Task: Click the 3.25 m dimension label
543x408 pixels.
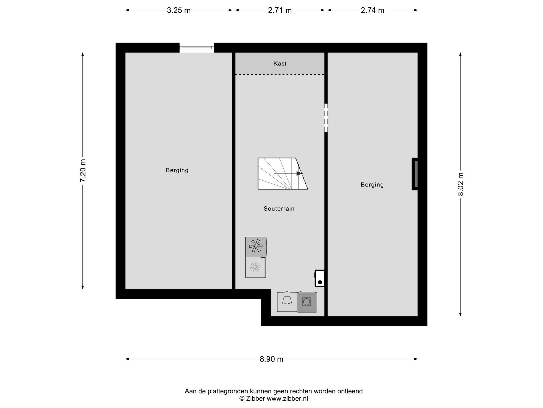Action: click(x=179, y=10)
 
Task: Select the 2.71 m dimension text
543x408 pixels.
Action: click(x=280, y=10)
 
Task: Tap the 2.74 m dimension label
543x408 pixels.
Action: click(x=373, y=10)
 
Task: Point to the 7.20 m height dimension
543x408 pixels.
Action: click(x=83, y=171)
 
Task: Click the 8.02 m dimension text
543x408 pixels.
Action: click(x=461, y=184)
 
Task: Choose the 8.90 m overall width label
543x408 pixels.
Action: click(x=271, y=359)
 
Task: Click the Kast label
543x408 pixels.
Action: click(x=280, y=63)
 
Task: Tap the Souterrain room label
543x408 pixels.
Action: click(x=279, y=209)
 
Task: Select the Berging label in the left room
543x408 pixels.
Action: click(x=177, y=170)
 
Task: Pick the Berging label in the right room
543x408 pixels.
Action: click(x=372, y=185)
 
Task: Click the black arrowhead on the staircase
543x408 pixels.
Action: click(x=299, y=173)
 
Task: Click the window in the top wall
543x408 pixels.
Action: click(x=197, y=48)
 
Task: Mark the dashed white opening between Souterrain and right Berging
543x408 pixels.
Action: click(x=326, y=118)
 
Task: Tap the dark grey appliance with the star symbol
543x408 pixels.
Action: click(x=256, y=247)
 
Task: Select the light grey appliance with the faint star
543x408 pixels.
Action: click(x=256, y=267)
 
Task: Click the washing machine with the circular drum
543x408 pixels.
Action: click(x=307, y=302)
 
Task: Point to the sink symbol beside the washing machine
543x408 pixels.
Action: click(x=287, y=302)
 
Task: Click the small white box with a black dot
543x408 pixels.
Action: click(x=319, y=278)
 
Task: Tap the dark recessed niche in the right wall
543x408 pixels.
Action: click(x=415, y=174)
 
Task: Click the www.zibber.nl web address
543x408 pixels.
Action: click(x=287, y=398)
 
